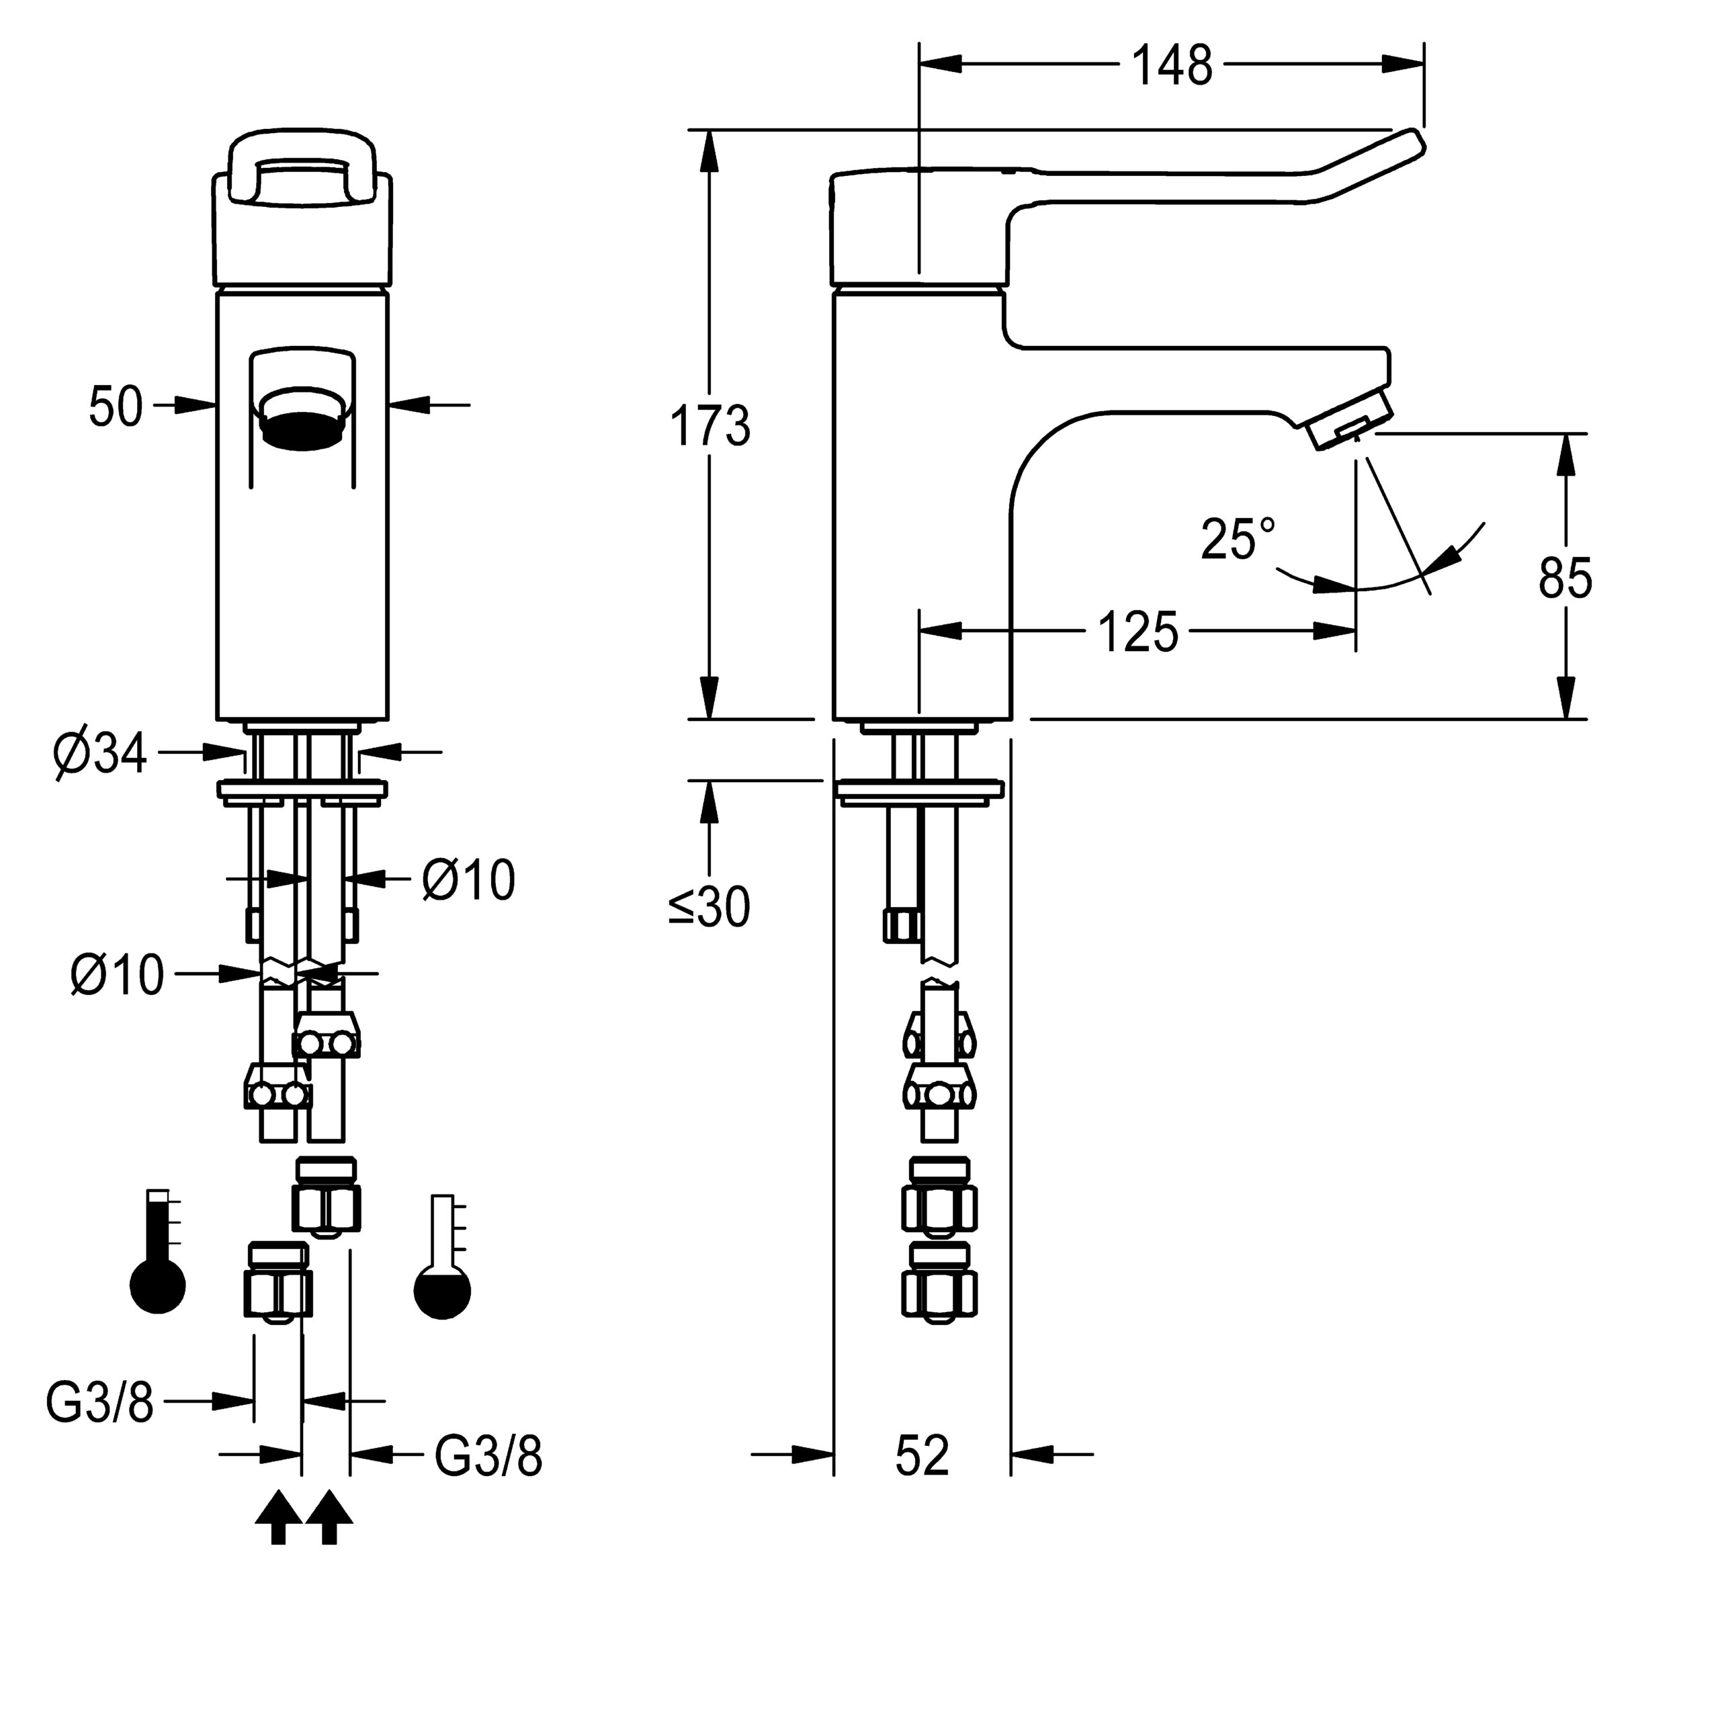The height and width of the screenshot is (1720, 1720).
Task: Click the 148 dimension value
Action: click(x=1172, y=65)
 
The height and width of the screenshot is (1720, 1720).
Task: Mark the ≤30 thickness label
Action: click(x=709, y=907)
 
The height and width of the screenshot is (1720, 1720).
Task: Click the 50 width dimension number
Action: click(x=116, y=407)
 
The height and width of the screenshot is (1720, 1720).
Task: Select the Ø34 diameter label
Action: click(x=99, y=755)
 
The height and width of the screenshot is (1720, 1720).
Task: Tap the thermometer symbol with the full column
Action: click(x=158, y=1251)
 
